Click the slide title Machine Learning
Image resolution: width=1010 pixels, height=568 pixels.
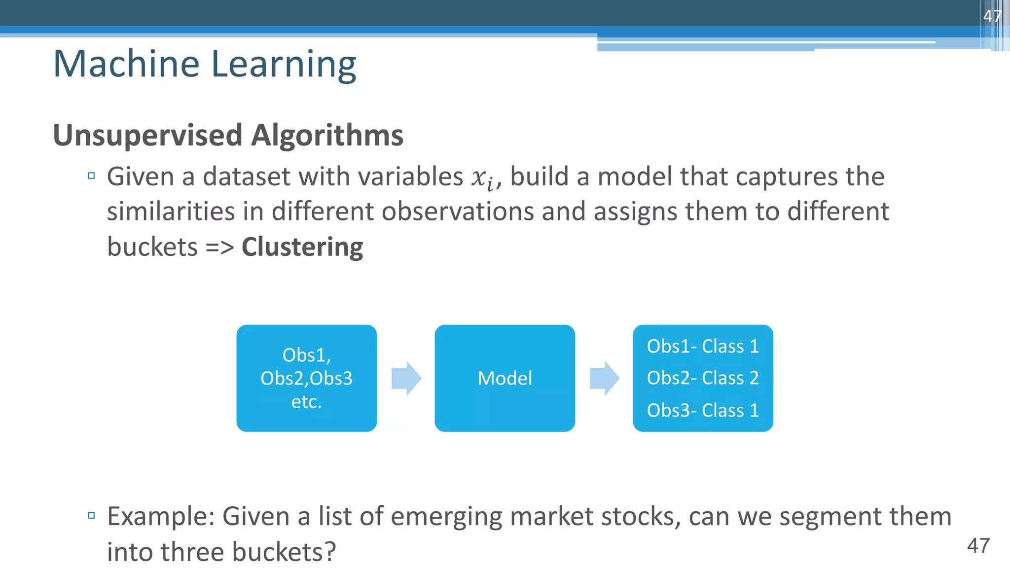204,64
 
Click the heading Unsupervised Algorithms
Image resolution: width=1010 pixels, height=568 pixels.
228,135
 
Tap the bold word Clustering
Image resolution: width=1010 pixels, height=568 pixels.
302,247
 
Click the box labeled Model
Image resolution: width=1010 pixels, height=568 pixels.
505,378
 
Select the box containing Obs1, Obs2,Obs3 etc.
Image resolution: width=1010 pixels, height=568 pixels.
306,378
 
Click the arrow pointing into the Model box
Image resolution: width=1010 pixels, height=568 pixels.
406,378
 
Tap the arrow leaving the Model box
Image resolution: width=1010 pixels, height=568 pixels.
604,378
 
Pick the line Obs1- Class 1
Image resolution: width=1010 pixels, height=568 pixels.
702,346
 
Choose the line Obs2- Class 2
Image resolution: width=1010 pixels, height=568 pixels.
702,378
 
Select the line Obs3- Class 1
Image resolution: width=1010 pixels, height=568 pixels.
702,410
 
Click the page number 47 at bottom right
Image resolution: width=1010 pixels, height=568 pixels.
978,546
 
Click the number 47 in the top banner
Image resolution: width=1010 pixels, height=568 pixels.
992,16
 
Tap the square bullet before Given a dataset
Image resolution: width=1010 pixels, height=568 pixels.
91,176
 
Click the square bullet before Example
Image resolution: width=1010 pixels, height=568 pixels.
91,516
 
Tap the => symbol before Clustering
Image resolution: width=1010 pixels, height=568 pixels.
219,248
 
